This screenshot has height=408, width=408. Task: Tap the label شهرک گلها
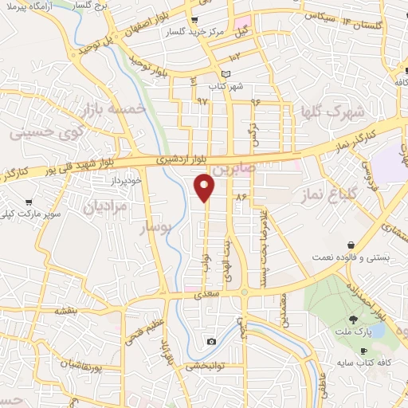(327, 112)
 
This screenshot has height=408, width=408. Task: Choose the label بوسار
(157, 228)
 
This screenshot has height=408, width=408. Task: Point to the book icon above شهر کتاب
(226, 74)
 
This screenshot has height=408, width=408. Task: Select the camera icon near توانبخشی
(210, 341)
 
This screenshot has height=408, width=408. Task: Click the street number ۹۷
(202, 102)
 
